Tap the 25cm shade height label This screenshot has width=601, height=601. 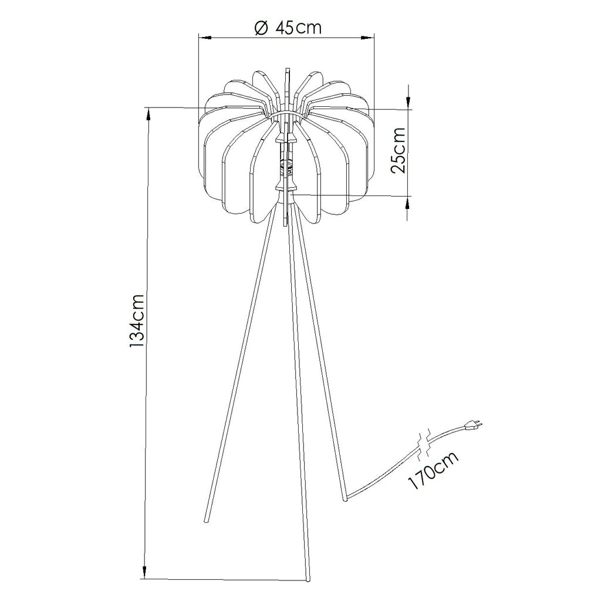pyautogui.click(x=397, y=150)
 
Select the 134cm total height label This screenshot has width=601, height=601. pyautogui.click(x=136, y=321)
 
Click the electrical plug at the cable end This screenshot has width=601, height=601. pyautogui.click(x=473, y=425)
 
